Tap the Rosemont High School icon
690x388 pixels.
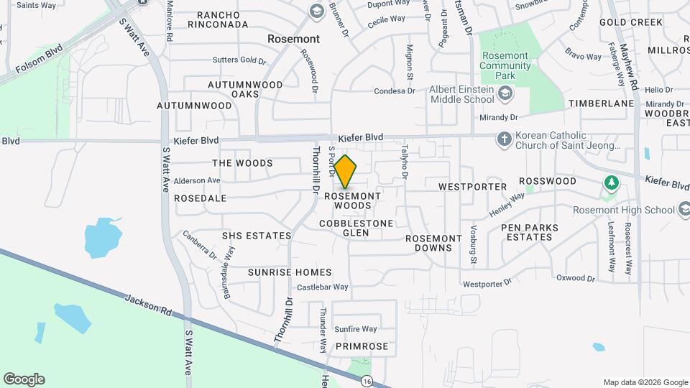point(686,209)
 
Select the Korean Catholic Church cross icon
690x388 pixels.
point(505,139)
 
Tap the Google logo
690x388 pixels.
point(23,379)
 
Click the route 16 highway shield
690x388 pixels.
point(367,380)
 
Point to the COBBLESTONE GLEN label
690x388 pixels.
point(357,228)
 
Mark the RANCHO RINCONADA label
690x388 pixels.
point(218,19)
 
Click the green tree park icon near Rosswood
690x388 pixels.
point(611,182)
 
